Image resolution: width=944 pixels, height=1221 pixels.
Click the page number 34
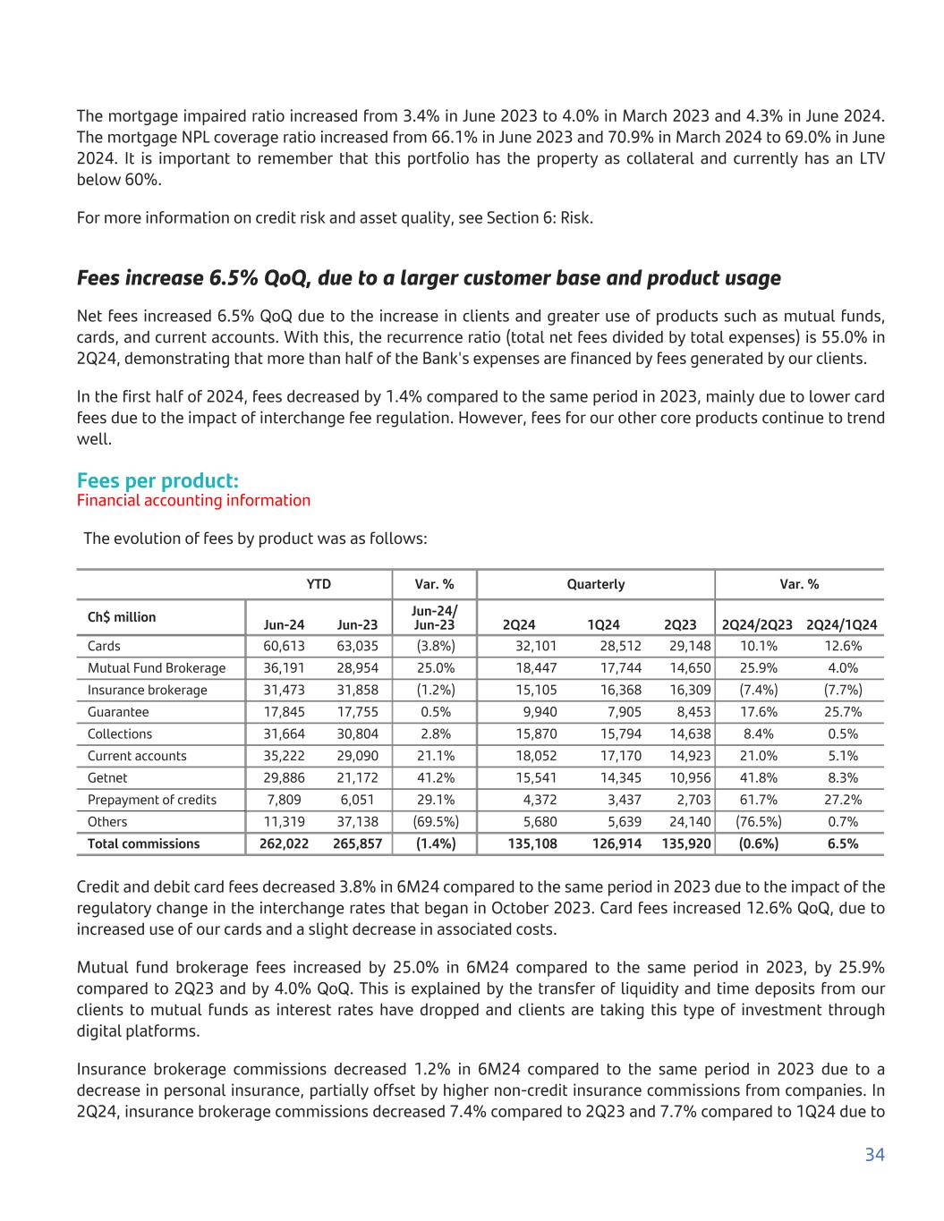(x=874, y=1155)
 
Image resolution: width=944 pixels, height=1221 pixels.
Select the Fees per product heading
(x=157, y=481)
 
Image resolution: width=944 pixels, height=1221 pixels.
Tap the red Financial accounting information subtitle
(x=193, y=500)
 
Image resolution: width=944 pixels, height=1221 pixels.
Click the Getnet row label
(x=107, y=778)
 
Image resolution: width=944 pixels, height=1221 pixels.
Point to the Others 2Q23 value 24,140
(x=690, y=821)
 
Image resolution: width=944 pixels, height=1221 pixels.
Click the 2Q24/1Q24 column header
(x=841, y=624)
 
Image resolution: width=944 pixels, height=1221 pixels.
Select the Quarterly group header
(x=596, y=584)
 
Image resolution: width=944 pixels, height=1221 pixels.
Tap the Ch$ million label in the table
(x=122, y=617)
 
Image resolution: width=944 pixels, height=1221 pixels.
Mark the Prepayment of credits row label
(x=152, y=800)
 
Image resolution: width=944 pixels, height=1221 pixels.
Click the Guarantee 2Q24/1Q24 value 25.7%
(x=841, y=712)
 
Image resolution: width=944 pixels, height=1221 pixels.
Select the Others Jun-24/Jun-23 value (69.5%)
(x=434, y=821)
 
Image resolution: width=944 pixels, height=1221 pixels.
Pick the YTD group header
(x=319, y=584)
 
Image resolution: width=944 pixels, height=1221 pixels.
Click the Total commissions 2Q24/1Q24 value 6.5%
(x=841, y=844)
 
